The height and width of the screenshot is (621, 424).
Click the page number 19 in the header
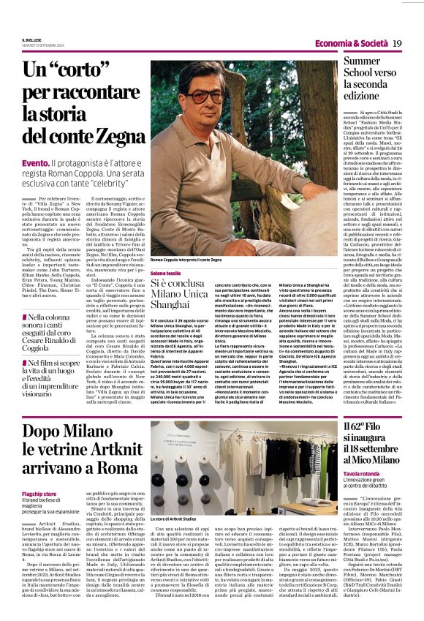click(x=398, y=44)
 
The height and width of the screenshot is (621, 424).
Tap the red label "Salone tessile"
click(x=167, y=273)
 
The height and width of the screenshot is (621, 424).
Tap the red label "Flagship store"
click(x=39, y=494)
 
